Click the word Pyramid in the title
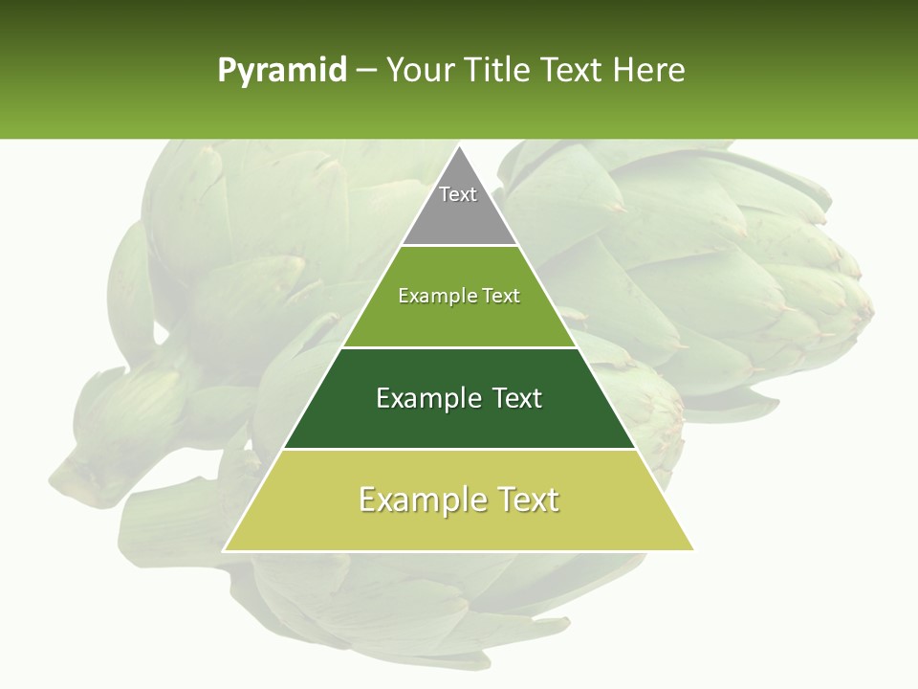coord(281,71)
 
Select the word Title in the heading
coord(498,71)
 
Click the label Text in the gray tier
coord(458,194)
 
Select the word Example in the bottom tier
coord(417,500)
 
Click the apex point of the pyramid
coord(459,147)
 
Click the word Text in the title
coord(572,71)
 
